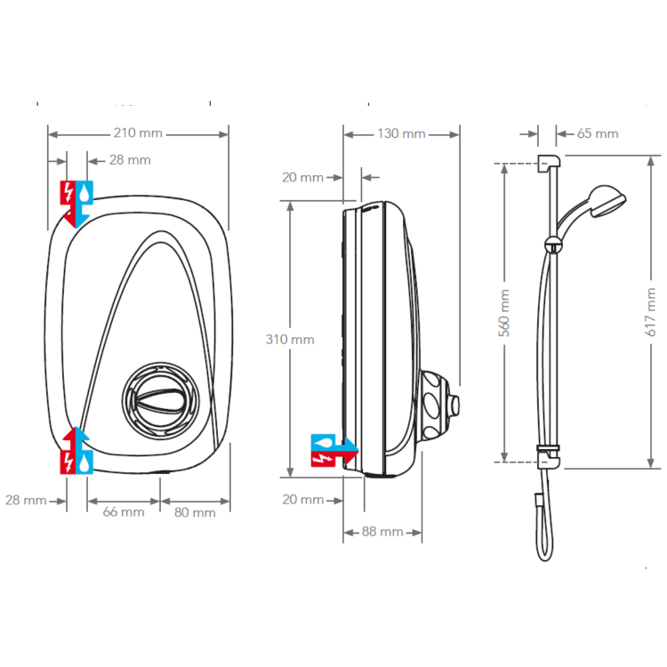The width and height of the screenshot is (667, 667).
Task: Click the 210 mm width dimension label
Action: [138, 133]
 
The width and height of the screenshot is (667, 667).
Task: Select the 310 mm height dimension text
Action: [289, 339]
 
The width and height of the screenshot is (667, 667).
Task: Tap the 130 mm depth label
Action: [401, 133]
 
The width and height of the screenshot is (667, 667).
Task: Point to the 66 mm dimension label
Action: [124, 512]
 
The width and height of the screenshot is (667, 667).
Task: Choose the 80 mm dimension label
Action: [195, 512]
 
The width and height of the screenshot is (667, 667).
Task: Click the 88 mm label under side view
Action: [382, 532]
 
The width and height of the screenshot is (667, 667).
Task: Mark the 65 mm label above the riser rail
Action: [598, 133]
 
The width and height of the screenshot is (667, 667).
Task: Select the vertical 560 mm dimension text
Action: [505, 313]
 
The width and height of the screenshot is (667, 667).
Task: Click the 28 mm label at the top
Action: [130, 160]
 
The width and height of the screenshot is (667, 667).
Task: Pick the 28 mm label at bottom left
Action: [25, 500]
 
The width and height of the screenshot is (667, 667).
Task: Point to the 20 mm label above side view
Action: [302, 177]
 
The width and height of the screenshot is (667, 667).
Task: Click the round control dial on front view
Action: [159, 395]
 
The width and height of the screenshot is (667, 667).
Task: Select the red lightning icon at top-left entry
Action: [68, 191]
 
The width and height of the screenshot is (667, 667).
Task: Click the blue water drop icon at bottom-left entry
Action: [83, 462]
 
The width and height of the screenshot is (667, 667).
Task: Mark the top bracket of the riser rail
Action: [548, 163]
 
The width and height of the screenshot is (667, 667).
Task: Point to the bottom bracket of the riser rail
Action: [549, 459]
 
